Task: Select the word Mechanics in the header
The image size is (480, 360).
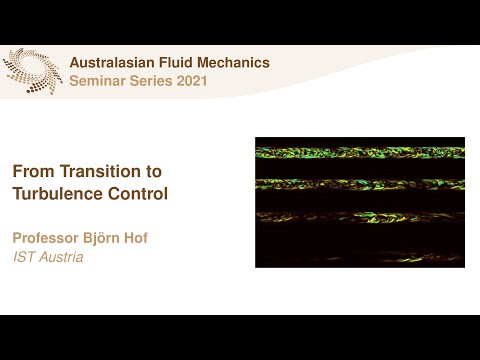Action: coord(235,62)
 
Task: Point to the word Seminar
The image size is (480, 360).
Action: coord(99,81)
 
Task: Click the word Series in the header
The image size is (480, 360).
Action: coord(154,81)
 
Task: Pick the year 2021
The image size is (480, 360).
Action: coord(193,81)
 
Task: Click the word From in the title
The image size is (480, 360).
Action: coord(31,171)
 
